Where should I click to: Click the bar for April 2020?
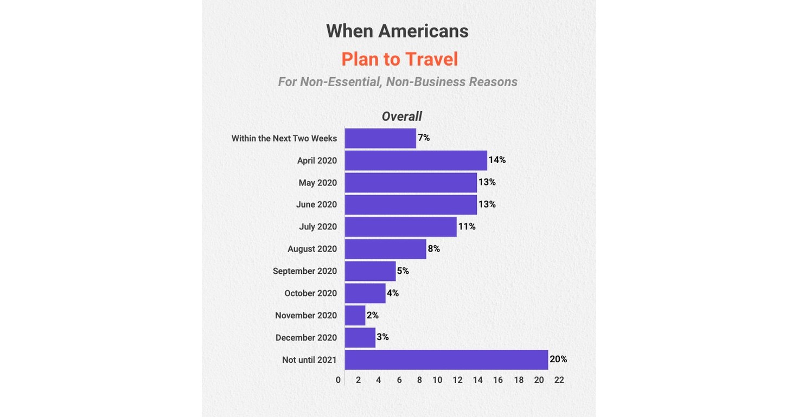[416, 161]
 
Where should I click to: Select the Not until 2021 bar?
[446, 360]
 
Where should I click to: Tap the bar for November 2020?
[355, 316]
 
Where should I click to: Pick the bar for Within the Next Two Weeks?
[380, 138]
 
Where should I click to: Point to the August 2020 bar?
[385, 249]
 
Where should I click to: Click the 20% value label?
[558, 359]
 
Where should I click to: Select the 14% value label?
[497, 160]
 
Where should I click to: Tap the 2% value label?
[373, 315]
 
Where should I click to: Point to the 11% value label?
[467, 227]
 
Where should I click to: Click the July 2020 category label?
[318, 227]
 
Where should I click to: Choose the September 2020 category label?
[305, 271]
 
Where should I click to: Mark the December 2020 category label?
[306, 338]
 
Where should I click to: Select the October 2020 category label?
[310, 293]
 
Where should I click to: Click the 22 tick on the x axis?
[559, 380]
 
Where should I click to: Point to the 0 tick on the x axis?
[338, 380]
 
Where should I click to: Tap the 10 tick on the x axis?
[437, 380]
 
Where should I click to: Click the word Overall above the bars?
[401, 117]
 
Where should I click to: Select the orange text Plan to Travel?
[399, 59]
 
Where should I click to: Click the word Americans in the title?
[423, 31]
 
